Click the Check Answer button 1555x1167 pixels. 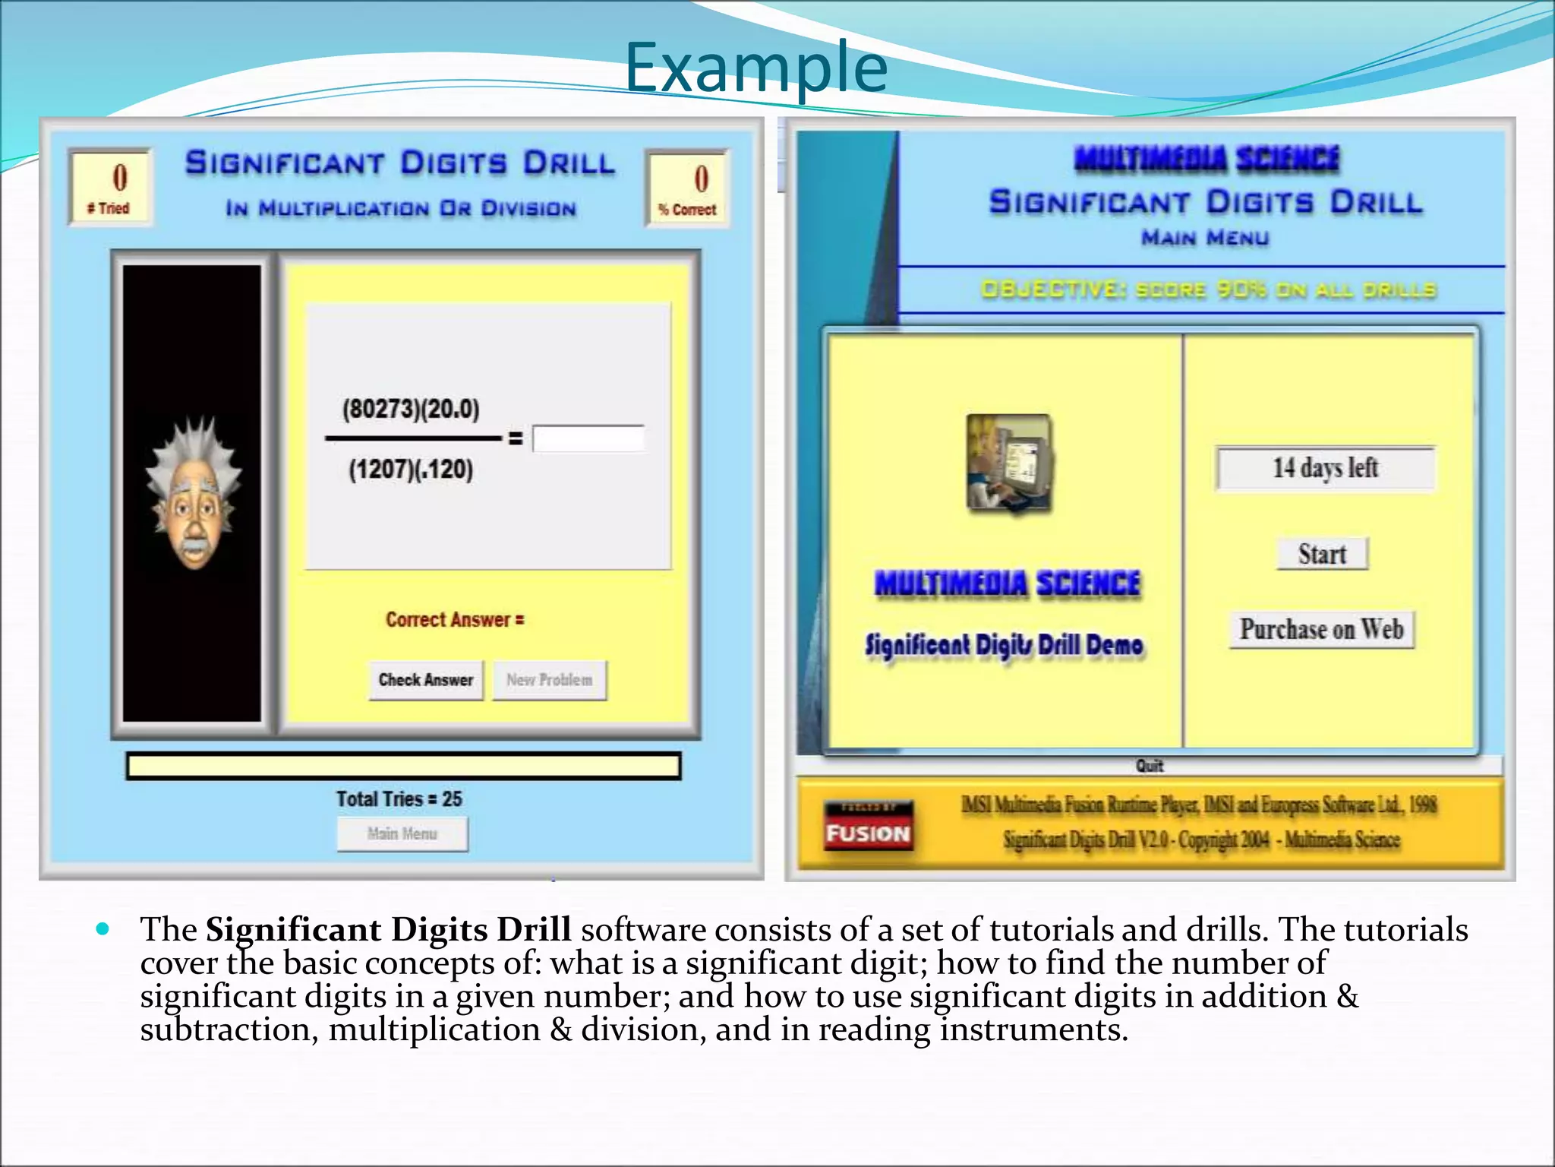pos(426,680)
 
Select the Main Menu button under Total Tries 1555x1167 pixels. pos(402,834)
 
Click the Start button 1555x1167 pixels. pos(1322,554)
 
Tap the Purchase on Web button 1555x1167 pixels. pos(1322,630)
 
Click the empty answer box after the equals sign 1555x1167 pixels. pos(588,439)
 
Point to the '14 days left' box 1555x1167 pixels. pos(1326,468)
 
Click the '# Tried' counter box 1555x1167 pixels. pos(111,187)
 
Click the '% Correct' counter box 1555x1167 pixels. pos(687,188)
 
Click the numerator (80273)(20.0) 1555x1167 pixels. pos(411,410)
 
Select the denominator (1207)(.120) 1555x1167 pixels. pos(411,470)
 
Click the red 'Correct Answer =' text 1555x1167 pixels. pos(455,620)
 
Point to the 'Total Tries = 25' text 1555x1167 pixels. pos(399,799)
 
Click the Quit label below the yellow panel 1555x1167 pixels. pos(1150,766)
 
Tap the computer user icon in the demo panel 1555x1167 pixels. pos(1009,463)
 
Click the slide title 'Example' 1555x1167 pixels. pos(756,68)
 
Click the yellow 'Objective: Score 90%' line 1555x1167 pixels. pos(1208,290)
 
